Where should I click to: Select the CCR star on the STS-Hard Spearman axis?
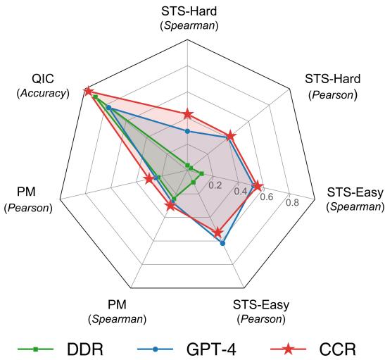(x=187, y=113)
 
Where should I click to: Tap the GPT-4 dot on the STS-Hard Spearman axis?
(x=187, y=131)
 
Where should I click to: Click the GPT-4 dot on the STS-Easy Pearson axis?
(x=223, y=244)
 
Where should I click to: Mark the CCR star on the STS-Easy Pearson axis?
(x=217, y=232)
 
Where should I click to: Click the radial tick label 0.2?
(x=215, y=186)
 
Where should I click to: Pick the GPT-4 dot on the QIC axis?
(x=108, y=107)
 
